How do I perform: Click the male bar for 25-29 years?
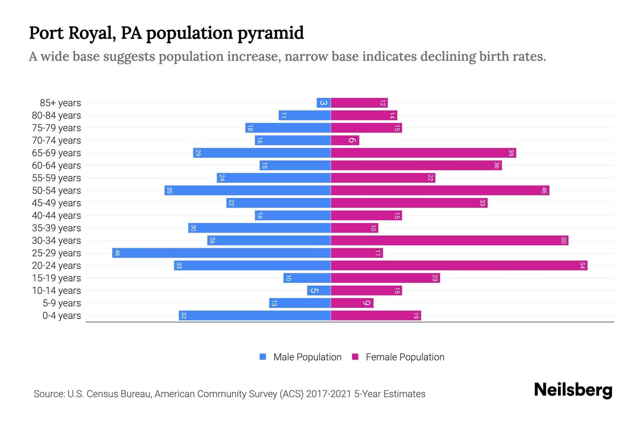coord(221,253)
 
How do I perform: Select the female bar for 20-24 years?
coord(459,266)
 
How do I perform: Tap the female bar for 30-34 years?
coord(449,241)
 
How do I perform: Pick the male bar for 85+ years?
coord(324,103)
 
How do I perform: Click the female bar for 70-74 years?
coord(345,140)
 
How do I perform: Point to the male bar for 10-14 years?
coord(319,291)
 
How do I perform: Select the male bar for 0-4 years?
coord(255,316)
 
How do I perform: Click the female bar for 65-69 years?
coord(423,153)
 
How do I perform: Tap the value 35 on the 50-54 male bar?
coord(170,191)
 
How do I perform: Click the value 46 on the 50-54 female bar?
coord(544,191)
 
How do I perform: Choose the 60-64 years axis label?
coord(56,166)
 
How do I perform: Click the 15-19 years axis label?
coord(56,278)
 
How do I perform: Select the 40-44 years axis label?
coord(56,216)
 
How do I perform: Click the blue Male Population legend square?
coord(263,357)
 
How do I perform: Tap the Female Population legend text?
coord(405,357)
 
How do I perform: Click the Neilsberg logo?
coord(573,390)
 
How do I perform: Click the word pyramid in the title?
coord(270,33)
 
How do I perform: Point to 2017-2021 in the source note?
coord(329,394)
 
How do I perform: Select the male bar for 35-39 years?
coord(259,228)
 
